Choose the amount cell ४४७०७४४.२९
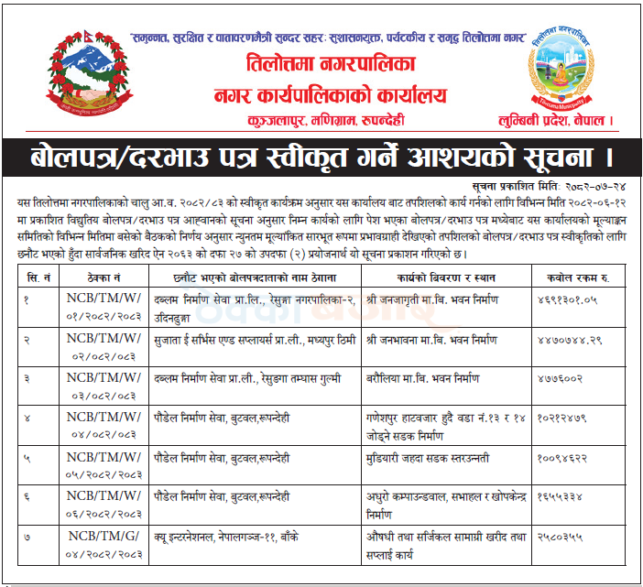click(567, 339)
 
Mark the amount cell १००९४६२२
click(562, 457)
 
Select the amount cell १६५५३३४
click(560, 495)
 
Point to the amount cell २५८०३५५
click(560, 536)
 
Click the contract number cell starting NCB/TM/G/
click(103, 545)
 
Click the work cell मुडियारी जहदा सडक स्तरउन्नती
click(428, 457)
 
